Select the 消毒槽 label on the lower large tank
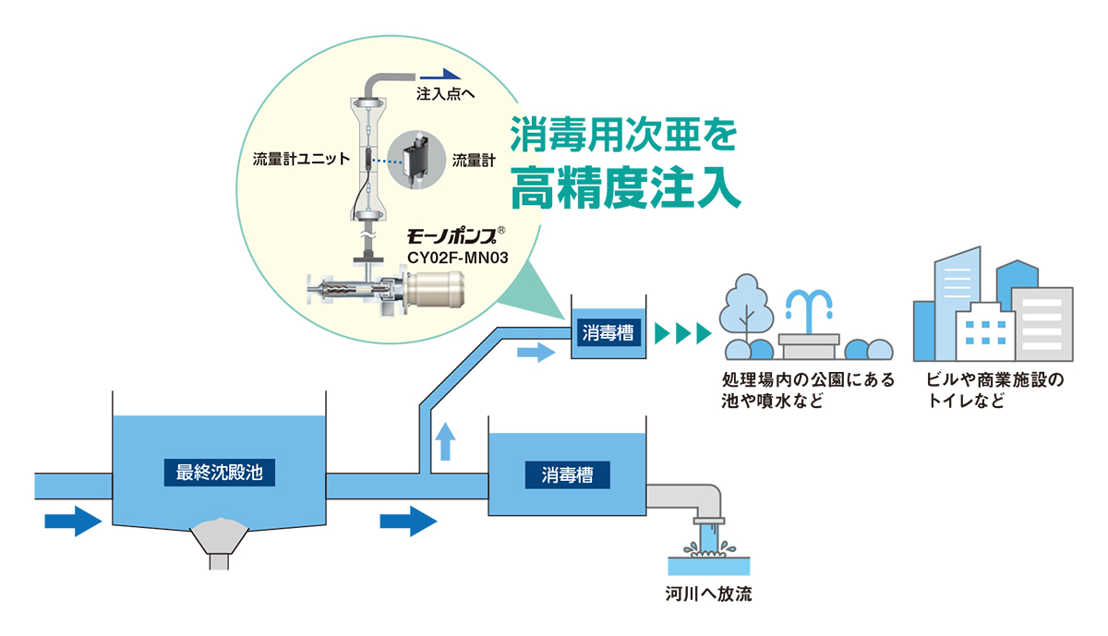[567, 475]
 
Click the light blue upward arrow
[445, 440]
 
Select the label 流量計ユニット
[301, 159]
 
